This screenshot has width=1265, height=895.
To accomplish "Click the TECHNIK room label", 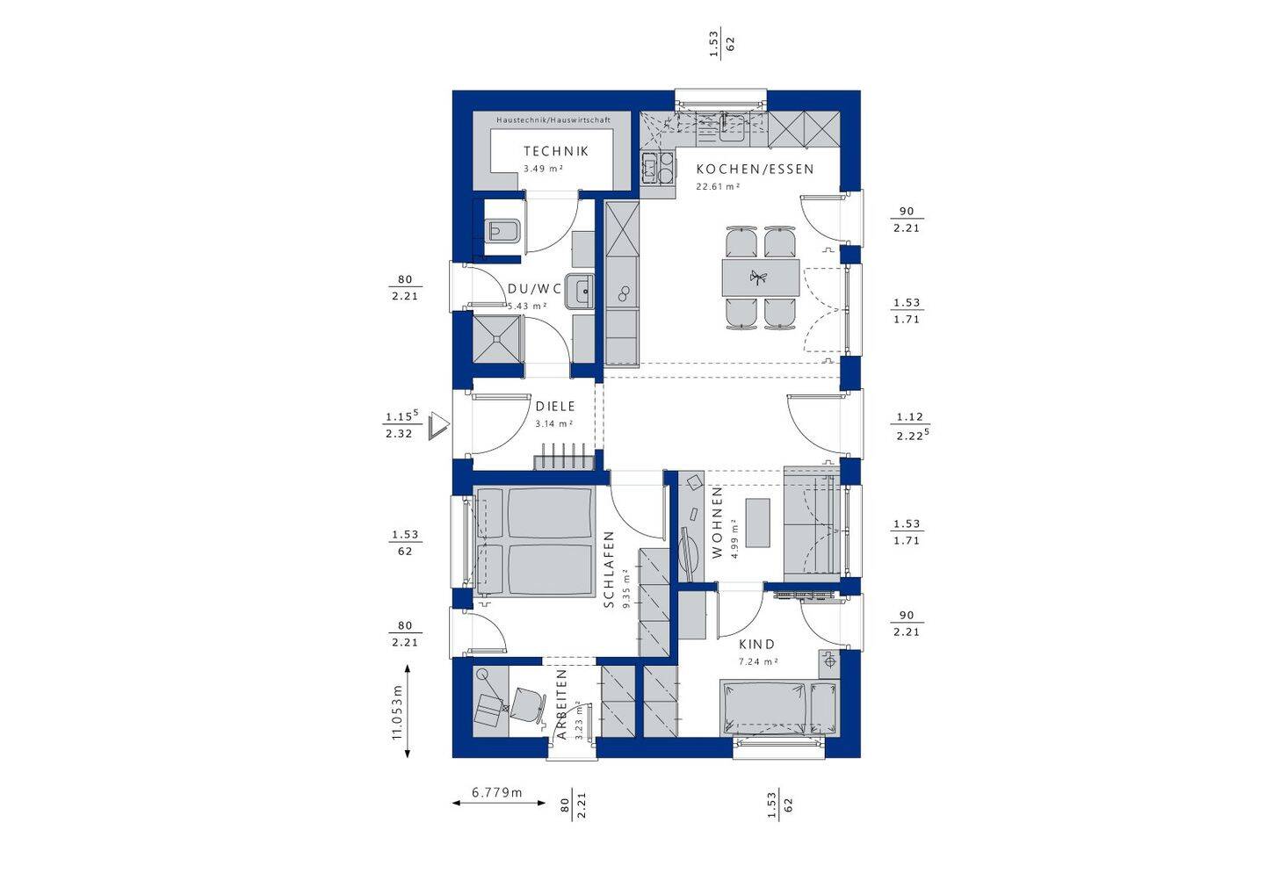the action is [x=556, y=151].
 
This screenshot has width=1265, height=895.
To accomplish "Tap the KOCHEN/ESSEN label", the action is [x=755, y=170].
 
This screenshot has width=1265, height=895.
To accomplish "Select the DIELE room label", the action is [x=555, y=407].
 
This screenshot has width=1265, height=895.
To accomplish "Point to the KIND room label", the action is [x=756, y=645].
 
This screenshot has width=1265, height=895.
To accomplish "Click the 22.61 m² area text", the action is [x=718, y=186].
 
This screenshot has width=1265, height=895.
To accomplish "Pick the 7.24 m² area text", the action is [x=758, y=661].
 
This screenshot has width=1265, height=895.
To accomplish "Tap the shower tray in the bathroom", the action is [x=496, y=339].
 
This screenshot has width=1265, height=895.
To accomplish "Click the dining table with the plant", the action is [x=761, y=278].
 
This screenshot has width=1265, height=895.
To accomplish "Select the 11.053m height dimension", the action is [x=400, y=711].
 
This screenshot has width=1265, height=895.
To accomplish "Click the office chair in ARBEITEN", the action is [x=529, y=704].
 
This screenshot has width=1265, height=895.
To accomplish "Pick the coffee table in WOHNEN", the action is [x=758, y=523].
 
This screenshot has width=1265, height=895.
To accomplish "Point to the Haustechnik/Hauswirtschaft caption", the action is [x=553, y=120].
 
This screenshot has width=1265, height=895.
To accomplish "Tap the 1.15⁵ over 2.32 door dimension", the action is [x=402, y=424].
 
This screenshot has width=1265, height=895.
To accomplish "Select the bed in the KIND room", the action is [x=779, y=709].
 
